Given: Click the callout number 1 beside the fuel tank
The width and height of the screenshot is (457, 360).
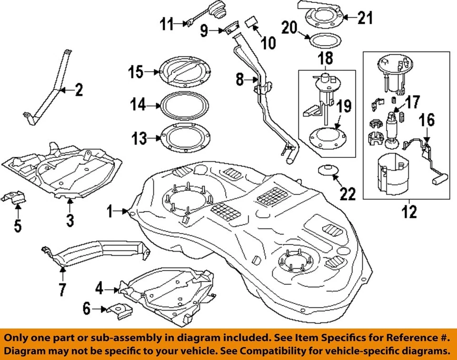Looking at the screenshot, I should tap(110, 211).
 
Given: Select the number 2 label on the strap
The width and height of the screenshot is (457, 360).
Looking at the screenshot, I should tap(78, 89).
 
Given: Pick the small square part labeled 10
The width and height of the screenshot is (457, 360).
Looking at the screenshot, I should tap(252, 22).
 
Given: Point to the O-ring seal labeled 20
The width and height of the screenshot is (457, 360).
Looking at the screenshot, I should tap(325, 41).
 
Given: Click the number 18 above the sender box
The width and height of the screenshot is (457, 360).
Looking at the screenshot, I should tap(326, 59).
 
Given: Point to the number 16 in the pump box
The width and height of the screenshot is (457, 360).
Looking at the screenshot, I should tap(427, 120).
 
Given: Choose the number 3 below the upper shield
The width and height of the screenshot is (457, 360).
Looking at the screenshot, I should tap(70, 220).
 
